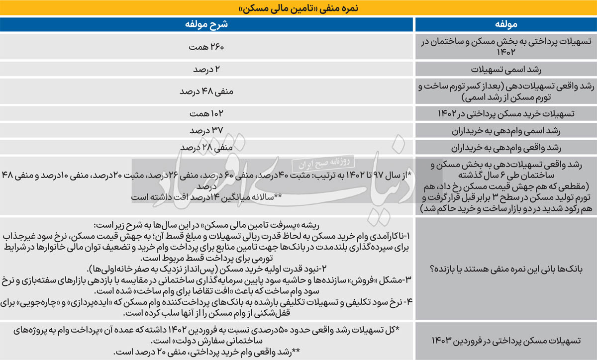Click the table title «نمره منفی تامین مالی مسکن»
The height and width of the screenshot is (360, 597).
(298, 8)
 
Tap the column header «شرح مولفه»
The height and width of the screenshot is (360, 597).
(207, 24)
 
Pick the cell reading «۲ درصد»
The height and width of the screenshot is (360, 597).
(207, 69)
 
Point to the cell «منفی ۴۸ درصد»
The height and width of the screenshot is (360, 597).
(207, 91)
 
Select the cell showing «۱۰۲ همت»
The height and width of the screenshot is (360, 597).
(207, 113)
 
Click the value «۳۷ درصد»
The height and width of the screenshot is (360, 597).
(207, 130)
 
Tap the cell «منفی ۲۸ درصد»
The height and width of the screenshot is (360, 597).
(207, 148)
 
